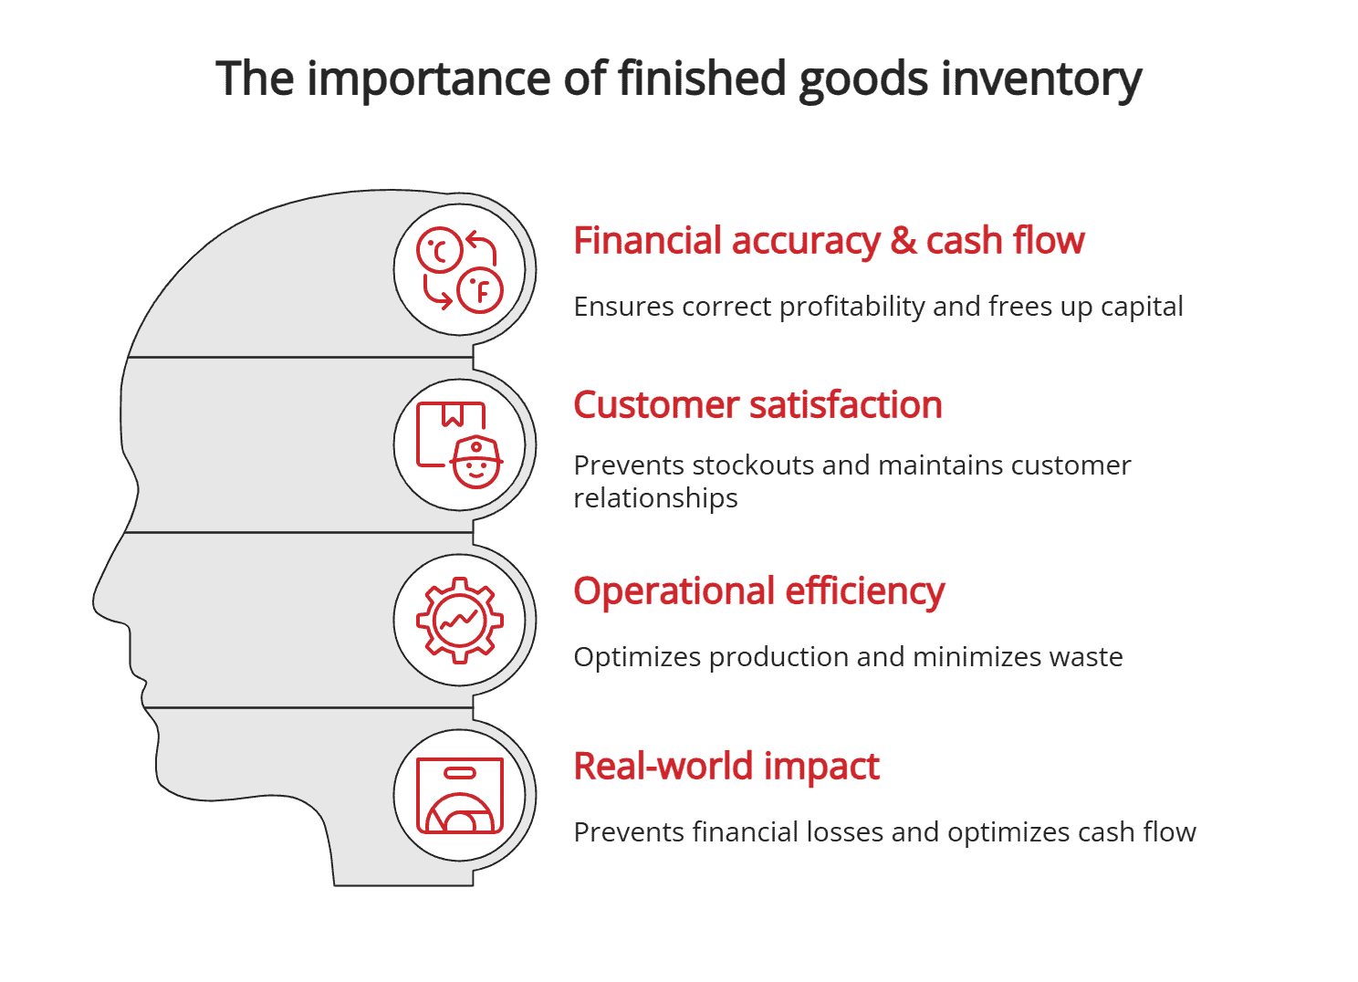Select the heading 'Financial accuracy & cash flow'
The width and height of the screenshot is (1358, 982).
tap(829, 241)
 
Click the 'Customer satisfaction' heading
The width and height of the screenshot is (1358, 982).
tap(757, 405)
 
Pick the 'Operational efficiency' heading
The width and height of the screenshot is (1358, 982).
tap(758, 591)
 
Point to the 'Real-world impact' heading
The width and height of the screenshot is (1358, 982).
tap(726, 767)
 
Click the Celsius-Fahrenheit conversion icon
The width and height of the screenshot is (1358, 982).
tap(460, 270)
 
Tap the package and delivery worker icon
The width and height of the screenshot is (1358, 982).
tap(460, 445)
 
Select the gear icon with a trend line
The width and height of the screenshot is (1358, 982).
tap(460, 621)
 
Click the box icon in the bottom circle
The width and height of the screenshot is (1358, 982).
tap(460, 796)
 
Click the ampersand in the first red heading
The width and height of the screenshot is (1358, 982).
tap(903, 241)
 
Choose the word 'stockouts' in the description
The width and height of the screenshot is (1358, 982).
tap(753, 465)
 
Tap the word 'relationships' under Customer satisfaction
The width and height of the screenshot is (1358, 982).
tap(655, 498)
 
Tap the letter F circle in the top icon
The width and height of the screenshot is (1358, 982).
tap(480, 291)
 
